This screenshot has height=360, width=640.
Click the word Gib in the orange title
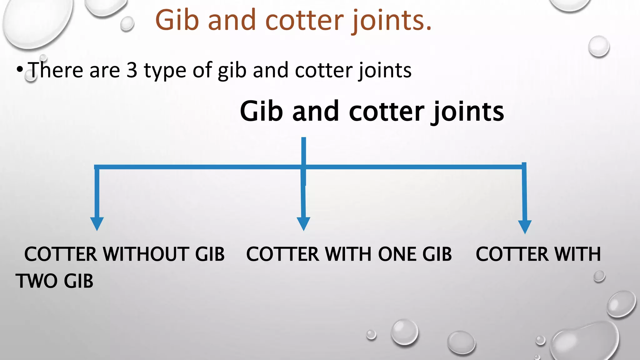[x=177, y=20]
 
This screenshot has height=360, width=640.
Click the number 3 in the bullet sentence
[x=132, y=70]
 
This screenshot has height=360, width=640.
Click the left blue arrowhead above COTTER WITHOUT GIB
[x=97, y=223]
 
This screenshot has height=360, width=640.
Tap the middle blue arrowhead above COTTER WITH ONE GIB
[x=303, y=223]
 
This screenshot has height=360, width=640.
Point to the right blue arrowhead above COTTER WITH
[x=525, y=227]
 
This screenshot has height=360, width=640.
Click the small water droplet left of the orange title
[x=127, y=24]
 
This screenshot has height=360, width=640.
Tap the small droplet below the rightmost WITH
[x=599, y=277]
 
